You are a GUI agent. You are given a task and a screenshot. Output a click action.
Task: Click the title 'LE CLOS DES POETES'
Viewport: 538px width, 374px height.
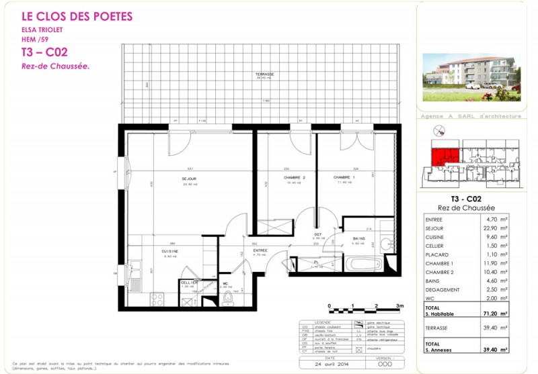(x=77, y=16)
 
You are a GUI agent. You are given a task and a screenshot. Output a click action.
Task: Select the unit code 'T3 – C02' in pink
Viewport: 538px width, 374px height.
(x=44, y=52)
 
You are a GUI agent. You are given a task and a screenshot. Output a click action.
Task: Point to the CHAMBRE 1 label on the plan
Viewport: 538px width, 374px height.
(x=344, y=178)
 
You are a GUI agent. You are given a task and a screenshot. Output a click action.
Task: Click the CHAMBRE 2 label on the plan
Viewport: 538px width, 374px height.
(x=276, y=178)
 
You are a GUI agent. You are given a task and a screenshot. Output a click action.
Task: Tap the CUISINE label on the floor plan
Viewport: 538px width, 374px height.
(x=170, y=251)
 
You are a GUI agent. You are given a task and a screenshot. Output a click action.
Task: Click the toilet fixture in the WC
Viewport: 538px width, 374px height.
(x=229, y=297)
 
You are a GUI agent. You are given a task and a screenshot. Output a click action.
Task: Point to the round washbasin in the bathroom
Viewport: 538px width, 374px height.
(x=387, y=244)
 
